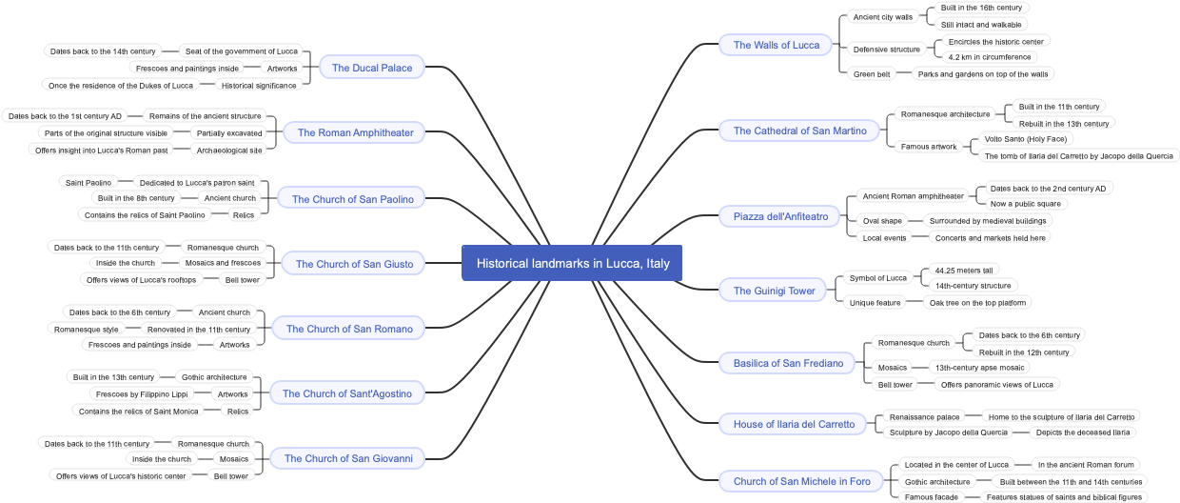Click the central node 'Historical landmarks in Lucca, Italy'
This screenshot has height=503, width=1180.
click(x=572, y=263)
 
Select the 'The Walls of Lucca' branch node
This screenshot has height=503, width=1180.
click(x=777, y=45)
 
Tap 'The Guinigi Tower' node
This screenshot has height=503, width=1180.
click(x=774, y=291)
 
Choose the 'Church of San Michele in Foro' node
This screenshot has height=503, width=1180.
click(x=801, y=481)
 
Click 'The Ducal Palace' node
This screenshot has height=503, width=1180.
click(x=372, y=68)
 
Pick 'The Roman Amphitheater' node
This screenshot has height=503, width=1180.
click(x=355, y=132)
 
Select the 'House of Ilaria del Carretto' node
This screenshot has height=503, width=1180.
click(x=794, y=424)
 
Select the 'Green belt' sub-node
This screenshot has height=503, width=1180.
click(x=872, y=74)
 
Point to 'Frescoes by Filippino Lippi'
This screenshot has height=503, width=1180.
click(x=143, y=394)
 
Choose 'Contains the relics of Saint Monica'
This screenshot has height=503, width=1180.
click(x=139, y=412)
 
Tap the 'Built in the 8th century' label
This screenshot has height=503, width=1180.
click(x=136, y=198)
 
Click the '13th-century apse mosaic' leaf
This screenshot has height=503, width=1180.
click(x=979, y=368)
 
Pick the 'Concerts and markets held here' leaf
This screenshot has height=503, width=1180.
click(x=990, y=238)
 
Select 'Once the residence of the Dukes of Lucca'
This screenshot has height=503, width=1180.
click(x=121, y=86)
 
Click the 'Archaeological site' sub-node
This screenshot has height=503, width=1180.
click(x=228, y=151)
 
